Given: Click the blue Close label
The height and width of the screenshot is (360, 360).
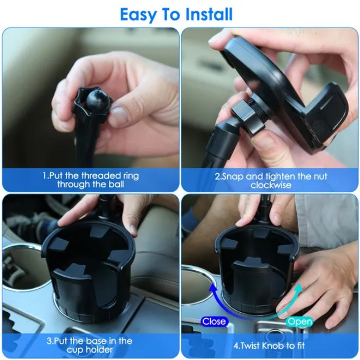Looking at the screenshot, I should click(x=213, y=321).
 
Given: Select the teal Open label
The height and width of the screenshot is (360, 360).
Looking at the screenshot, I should click(x=300, y=321).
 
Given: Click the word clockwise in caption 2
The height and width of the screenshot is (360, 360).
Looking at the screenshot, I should click(x=270, y=185).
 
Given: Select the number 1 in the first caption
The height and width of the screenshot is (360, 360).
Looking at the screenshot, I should click(x=45, y=176).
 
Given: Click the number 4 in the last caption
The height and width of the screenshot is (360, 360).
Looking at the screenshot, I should click(x=235, y=345).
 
